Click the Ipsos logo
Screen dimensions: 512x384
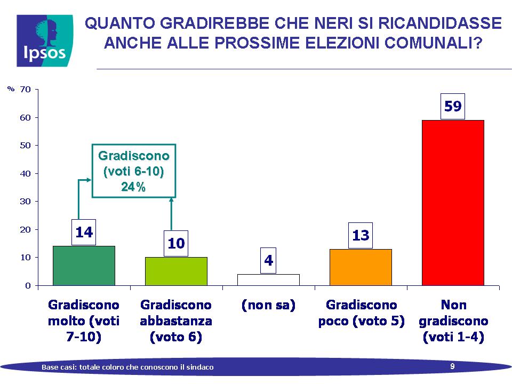pos(45,41)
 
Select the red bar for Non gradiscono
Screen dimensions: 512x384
pos(453,203)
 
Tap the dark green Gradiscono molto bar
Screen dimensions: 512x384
pos(84,266)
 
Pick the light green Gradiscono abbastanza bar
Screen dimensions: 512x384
pos(176,271)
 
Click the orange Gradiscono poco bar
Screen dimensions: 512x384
pos(361,267)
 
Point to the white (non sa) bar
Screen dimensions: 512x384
pos(268,280)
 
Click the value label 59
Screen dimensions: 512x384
pos(453,107)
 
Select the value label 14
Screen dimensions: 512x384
pos(84,232)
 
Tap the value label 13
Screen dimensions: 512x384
pos(361,235)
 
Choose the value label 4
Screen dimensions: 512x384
pos(268,261)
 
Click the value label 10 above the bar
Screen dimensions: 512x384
pos(176,244)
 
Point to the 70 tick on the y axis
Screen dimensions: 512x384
pos(25,90)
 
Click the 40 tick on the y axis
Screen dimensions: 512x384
pos(25,173)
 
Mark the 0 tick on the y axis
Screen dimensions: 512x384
pos(28,286)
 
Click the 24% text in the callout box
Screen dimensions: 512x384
pos(133,187)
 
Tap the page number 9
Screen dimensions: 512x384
pos(452,366)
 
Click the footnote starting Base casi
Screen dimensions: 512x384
pos(127,367)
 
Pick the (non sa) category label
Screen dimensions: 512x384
pos(268,305)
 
